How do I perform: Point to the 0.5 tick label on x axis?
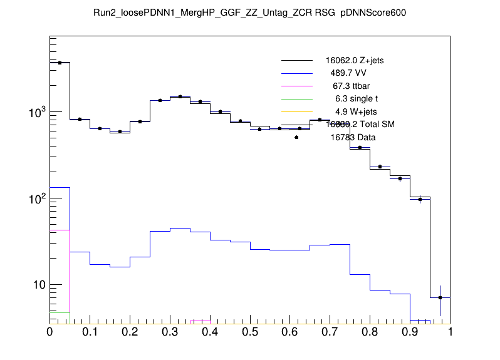point(250,332)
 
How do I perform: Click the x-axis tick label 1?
point(450,332)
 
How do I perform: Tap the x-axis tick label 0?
point(49,332)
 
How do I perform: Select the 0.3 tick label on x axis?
point(170,332)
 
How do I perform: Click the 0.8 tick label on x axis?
point(370,332)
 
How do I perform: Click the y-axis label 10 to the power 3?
point(35,113)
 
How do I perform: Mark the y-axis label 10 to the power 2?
point(35,199)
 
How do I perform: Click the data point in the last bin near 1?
point(440,297)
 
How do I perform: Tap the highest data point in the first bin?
point(60,63)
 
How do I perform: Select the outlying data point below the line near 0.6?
point(296,137)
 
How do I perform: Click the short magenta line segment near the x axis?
point(200,321)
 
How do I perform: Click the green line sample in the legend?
point(296,99)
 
